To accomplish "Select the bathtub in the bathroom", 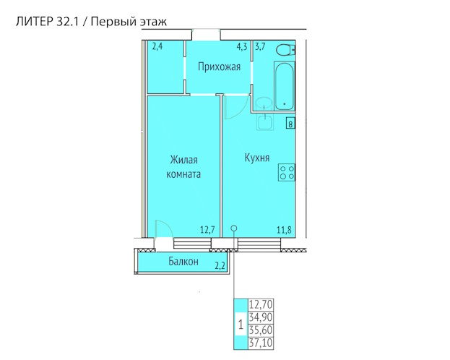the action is pyautogui.click(x=285, y=85).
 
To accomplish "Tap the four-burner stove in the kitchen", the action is pyautogui.click(x=287, y=172).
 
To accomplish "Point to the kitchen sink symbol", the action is pyautogui.click(x=264, y=122).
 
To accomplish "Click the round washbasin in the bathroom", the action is pyautogui.click(x=263, y=103).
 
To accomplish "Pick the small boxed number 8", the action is pyautogui.click(x=290, y=124).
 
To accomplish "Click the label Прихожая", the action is pyautogui.click(x=219, y=67).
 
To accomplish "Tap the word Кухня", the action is pyautogui.click(x=257, y=158).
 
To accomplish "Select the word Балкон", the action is pyautogui.click(x=183, y=262).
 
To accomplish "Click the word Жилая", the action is pyautogui.click(x=183, y=160).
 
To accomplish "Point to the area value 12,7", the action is pyautogui.click(x=207, y=230).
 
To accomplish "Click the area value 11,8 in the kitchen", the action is pyautogui.click(x=284, y=230).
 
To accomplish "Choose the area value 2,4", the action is pyautogui.click(x=157, y=46).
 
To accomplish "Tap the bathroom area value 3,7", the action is pyautogui.click(x=260, y=46).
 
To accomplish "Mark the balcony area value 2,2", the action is pyautogui.click(x=220, y=266).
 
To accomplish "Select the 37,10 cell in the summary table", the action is pyautogui.click(x=261, y=343).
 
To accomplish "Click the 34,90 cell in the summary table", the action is pyautogui.click(x=261, y=318).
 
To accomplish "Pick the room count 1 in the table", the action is pyautogui.click(x=241, y=325).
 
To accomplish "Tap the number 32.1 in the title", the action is pyautogui.click(x=67, y=22).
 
